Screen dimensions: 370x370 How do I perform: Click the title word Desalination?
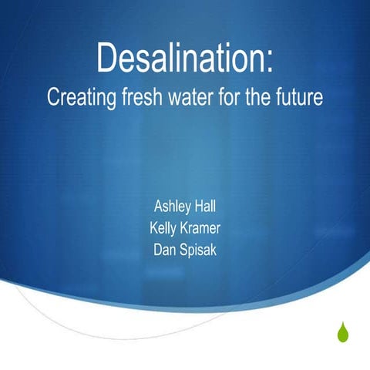182,59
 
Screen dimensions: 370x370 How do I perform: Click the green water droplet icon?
342,333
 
